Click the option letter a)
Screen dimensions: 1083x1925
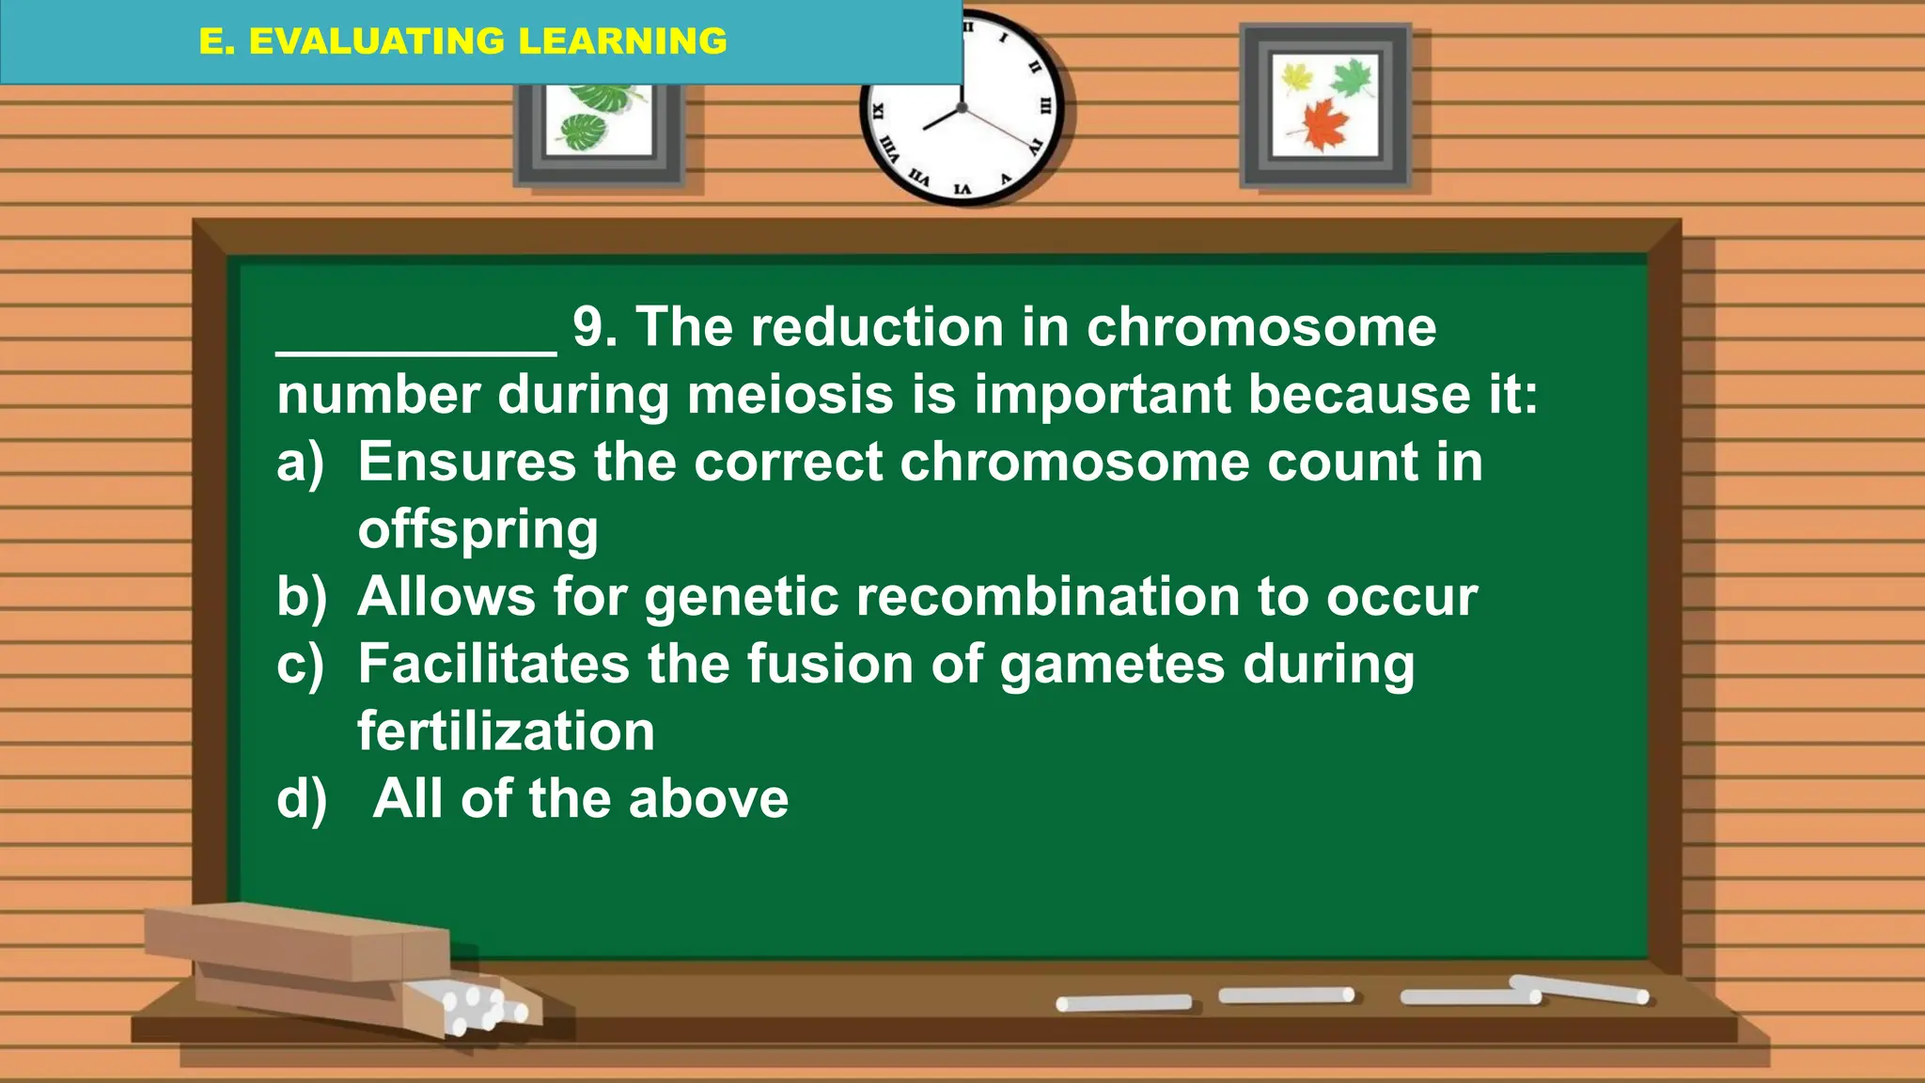pyautogui.click(x=300, y=463)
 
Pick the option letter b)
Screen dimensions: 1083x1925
pyautogui.click(x=301, y=597)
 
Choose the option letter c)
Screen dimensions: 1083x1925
pyautogui.click(x=300, y=665)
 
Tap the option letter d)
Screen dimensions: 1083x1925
pyautogui.click(x=301, y=799)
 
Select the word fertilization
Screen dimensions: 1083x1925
pyautogui.click(x=506, y=731)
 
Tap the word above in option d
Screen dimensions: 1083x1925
pyautogui.click(x=708, y=799)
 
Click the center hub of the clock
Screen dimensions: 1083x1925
pyautogui.click(x=962, y=108)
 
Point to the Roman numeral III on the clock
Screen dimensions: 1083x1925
pyautogui.click(x=1045, y=105)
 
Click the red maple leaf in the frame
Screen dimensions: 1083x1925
pyautogui.click(x=1325, y=122)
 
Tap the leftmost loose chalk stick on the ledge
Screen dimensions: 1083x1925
pyautogui.click(x=1123, y=1003)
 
